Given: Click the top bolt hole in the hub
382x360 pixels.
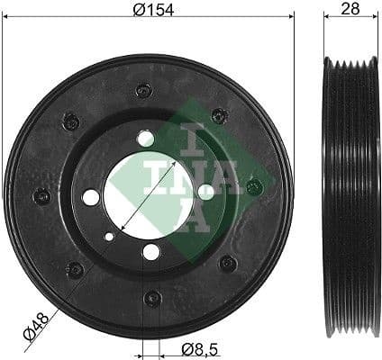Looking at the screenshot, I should pos(146,139).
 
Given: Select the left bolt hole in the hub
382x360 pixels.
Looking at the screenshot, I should pos(91,196).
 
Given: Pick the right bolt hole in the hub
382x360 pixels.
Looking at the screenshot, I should pos(205,191).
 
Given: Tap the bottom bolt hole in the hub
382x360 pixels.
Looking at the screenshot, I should pos(151,251).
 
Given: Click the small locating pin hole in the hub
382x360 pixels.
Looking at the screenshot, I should pos(109,238).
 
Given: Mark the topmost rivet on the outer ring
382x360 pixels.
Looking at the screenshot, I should pos(142,90).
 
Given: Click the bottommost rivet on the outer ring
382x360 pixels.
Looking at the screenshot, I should pos(153,298).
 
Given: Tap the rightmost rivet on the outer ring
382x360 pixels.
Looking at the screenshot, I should pos(254,187).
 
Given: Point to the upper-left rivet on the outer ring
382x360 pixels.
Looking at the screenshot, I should pos(71,121).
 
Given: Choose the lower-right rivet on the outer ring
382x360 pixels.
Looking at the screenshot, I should pos(228,263).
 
